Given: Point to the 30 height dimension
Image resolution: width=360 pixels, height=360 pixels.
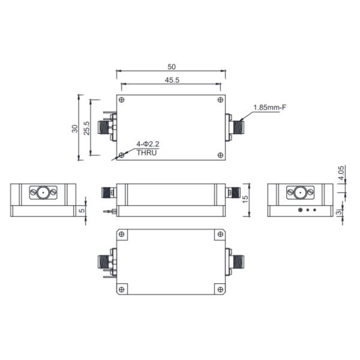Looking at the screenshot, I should click(74, 128).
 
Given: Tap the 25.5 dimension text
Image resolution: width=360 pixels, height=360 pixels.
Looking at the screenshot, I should click(86, 128).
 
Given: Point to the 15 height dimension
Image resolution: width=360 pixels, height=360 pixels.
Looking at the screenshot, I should click(246, 199).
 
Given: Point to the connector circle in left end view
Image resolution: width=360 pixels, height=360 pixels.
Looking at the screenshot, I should click(43, 193).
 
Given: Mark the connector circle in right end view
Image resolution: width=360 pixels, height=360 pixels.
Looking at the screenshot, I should click(298, 193).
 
